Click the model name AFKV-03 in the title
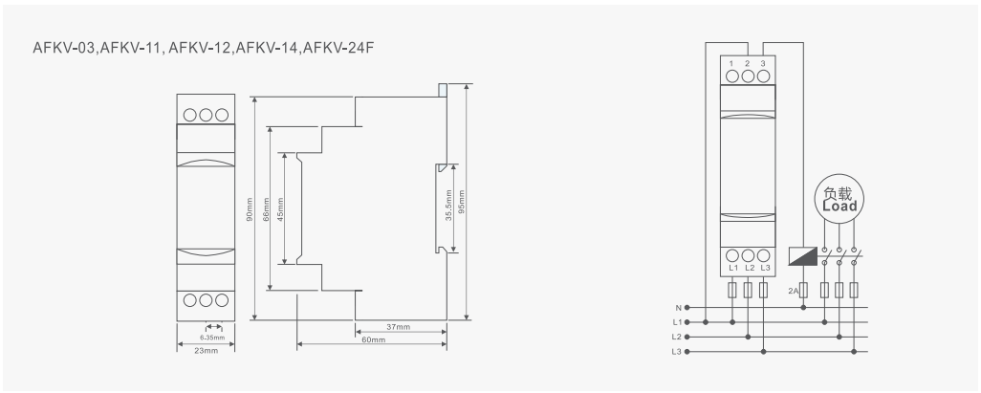55,48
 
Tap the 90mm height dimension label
250,207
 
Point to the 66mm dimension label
266,207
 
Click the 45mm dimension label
280,207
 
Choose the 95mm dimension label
462,207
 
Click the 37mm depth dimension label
399,327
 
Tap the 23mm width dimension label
207,351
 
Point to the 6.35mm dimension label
212,338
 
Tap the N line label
678,308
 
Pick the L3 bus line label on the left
677,353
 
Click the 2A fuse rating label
792,289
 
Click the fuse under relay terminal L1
732,290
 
